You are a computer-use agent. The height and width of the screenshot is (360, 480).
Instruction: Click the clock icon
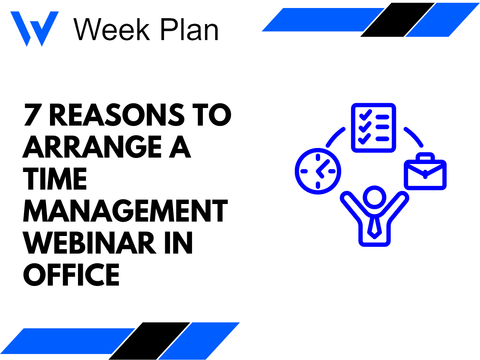[x=318, y=171]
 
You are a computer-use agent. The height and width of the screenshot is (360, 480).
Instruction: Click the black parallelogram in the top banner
[x=397, y=20]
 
